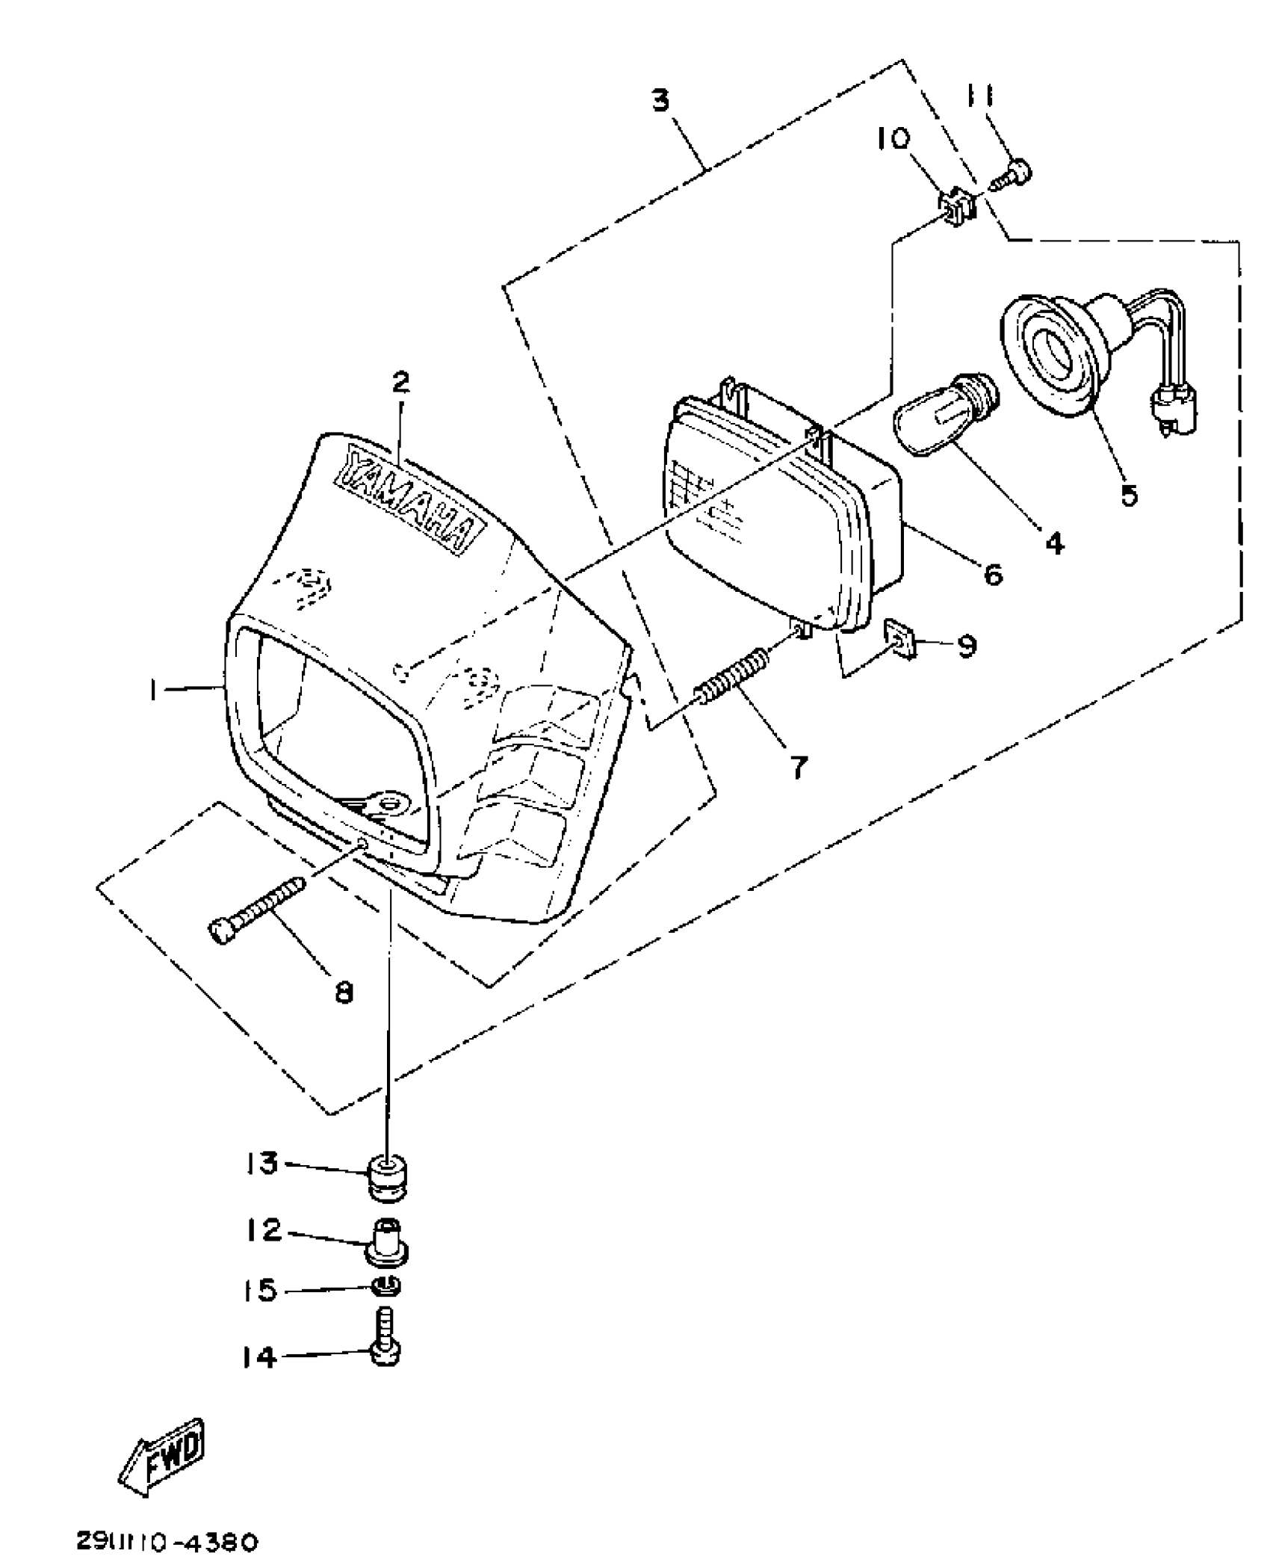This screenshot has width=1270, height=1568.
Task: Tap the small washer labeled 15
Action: coord(386,1287)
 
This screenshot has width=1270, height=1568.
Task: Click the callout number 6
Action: coord(991,574)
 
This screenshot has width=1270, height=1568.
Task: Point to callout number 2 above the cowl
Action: coord(401,383)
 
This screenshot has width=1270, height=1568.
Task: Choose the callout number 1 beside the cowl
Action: coord(153,692)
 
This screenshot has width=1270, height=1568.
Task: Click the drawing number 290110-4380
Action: coord(166,1542)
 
